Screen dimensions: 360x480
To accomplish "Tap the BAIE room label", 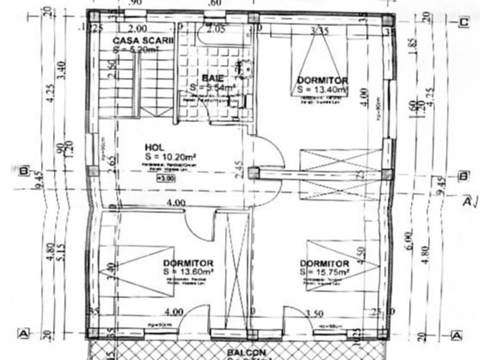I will point(209,78).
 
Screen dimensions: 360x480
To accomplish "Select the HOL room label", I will point(154,147).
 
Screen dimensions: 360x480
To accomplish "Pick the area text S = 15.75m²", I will point(324,272).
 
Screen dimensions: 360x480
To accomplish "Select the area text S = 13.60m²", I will point(188,272).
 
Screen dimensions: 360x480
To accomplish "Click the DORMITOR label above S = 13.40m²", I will point(322,80).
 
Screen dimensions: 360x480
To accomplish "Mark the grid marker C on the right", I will point(463,23).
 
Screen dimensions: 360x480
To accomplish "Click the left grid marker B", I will point(24,170).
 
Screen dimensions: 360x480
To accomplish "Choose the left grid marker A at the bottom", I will point(24,334).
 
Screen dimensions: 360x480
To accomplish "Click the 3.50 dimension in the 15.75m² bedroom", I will point(315,313).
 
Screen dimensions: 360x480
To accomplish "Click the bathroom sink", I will point(242,68).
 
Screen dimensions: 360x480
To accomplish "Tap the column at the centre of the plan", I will point(253,173).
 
